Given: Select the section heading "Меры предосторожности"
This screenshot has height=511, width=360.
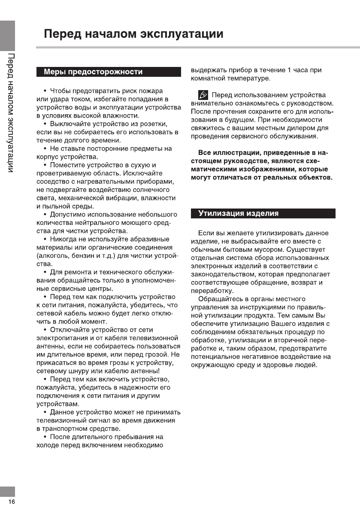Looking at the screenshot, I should [93, 72].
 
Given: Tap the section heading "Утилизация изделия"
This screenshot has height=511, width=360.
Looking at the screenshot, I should [238, 213].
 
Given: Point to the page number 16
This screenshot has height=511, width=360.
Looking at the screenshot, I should [11, 502].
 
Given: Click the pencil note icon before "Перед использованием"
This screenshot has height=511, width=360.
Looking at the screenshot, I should [203, 95].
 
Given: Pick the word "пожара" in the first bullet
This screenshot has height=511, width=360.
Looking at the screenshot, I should [150, 91].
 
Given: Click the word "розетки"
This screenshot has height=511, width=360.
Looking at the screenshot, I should [154, 124].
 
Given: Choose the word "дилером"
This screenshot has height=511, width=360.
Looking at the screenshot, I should [301, 128].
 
